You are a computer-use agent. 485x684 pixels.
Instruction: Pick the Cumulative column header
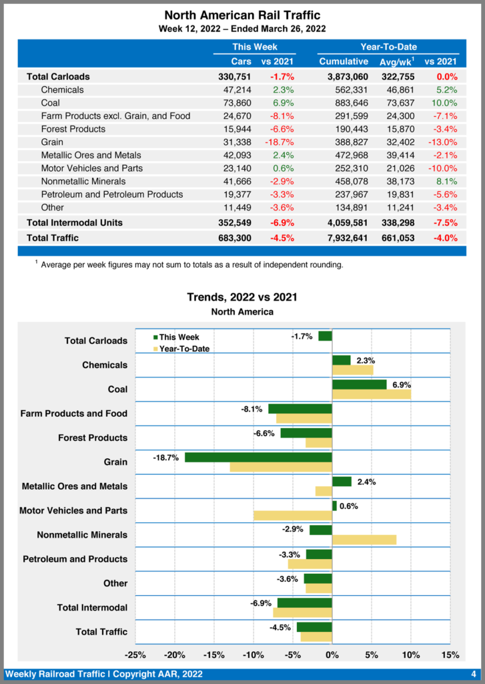pos(344,61)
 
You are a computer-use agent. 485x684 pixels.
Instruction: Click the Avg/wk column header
pos(394,61)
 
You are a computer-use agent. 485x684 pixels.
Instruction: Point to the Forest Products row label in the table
pos(73,129)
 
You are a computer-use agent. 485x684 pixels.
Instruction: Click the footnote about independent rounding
pos(191,265)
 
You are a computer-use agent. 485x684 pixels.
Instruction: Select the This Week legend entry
pos(177,337)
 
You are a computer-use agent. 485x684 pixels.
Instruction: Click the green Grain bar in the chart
pos(258,458)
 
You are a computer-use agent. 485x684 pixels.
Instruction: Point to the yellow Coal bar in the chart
pos(371,395)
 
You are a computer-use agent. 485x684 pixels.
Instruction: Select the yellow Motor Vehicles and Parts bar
pos(293,516)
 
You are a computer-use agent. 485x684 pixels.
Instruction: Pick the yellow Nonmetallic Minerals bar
pos(364,540)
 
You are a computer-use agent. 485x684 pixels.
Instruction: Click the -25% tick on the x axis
pos(135,655)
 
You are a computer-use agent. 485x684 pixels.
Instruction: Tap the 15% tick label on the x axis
pos(450,655)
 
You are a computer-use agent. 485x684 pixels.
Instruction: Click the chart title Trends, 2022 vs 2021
pos(241,297)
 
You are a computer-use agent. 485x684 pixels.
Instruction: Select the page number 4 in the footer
pos(473,674)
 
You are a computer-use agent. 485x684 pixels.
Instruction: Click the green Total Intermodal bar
pos(304,603)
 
